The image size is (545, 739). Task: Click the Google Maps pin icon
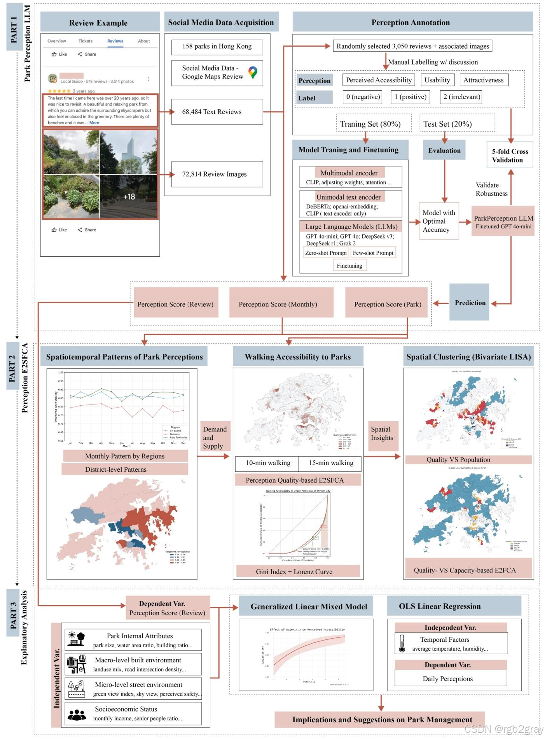click(253, 72)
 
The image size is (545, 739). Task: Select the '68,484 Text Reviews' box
click(217, 112)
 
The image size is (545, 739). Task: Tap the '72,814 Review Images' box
click(217, 174)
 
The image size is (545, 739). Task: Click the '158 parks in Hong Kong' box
click(217, 46)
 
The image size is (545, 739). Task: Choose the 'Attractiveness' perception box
click(484, 80)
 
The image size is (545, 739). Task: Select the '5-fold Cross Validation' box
click(510, 155)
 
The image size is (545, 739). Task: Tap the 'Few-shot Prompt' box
click(373, 253)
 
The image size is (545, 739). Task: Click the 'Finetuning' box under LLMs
click(349, 266)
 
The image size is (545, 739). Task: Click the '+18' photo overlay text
click(129, 197)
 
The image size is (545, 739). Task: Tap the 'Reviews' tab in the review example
click(115, 41)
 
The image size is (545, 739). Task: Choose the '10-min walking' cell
click(267, 463)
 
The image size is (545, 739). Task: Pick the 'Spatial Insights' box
click(383, 434)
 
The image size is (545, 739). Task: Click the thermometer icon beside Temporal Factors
click(402, 644)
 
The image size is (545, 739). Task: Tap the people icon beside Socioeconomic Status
click(77, 714)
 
